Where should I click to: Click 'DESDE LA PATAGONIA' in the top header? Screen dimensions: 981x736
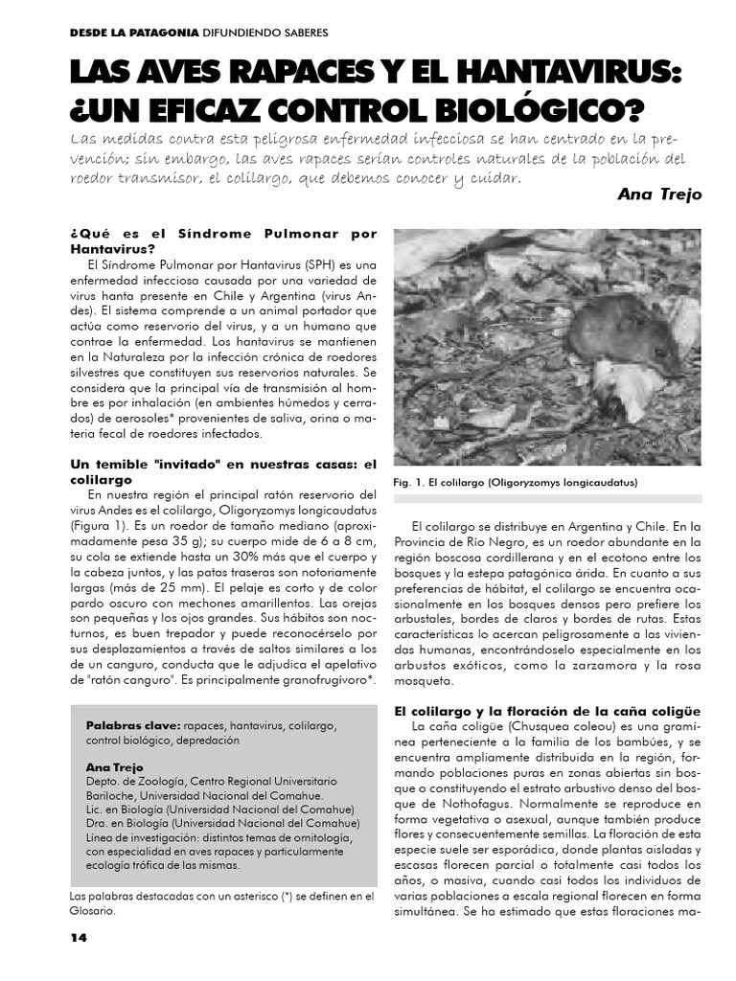click(x=133, y=32)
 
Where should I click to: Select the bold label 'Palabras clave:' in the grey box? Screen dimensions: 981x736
click(x=133, y=725)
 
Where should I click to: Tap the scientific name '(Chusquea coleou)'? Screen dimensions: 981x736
click(x=542, y=726)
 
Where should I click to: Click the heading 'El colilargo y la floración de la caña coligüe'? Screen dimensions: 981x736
click(x=548, y=711)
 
